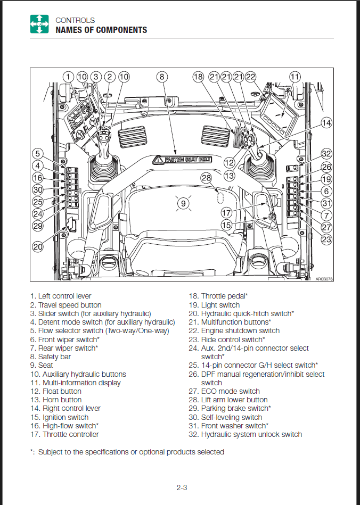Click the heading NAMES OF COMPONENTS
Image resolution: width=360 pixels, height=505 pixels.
coord(101,30)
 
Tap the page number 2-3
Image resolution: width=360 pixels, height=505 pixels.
coord(181,487)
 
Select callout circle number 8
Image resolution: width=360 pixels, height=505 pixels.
coord(162,77)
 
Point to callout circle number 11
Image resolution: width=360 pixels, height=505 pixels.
coord(294,77)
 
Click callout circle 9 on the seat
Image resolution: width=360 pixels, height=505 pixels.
coord(183,203)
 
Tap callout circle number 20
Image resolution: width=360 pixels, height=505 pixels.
coord(37,246)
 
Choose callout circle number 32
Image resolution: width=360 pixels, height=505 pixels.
coord(326,154)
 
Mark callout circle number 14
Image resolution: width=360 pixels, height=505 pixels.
coord(326,123)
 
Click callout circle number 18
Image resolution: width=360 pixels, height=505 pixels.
coord(198,77)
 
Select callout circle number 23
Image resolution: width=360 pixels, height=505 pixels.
coord(326,239)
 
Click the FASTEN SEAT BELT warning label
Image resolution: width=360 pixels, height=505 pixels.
coord(182,159)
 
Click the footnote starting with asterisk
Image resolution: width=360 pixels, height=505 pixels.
coord(127,452)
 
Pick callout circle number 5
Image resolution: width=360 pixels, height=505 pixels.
coord(37,154)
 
